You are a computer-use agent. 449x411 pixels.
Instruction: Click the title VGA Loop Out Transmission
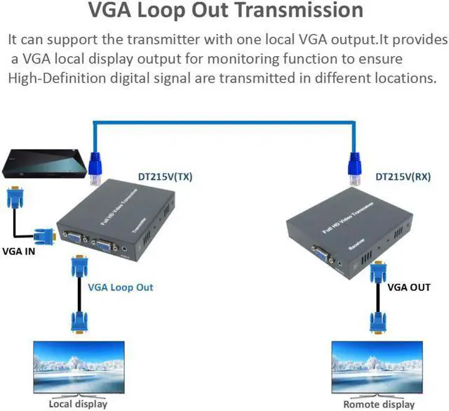coord(224,12)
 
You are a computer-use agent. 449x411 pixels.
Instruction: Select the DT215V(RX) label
coord(403,177)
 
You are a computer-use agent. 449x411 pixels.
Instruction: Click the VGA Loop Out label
coord(120,287)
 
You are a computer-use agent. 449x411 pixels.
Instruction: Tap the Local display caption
coord(78,403)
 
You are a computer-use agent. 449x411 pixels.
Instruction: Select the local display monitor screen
coord(78,363)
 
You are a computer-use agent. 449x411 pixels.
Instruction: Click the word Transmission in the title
coord(300,12)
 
